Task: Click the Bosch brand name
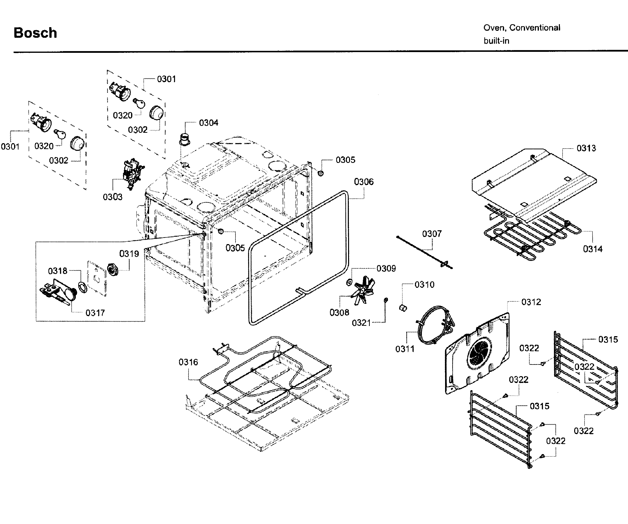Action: point(35,33)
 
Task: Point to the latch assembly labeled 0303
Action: point(133,174)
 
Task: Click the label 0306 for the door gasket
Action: point(364,182)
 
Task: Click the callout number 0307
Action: point(432,234)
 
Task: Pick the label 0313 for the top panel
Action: point(586,148)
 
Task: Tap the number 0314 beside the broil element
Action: point(592,249)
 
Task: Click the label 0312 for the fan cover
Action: point(531,302)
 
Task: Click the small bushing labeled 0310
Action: point(403,308)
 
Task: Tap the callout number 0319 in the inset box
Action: point(129,254)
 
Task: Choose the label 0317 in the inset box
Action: point(95,313)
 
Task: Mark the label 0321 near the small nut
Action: point(361,323)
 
